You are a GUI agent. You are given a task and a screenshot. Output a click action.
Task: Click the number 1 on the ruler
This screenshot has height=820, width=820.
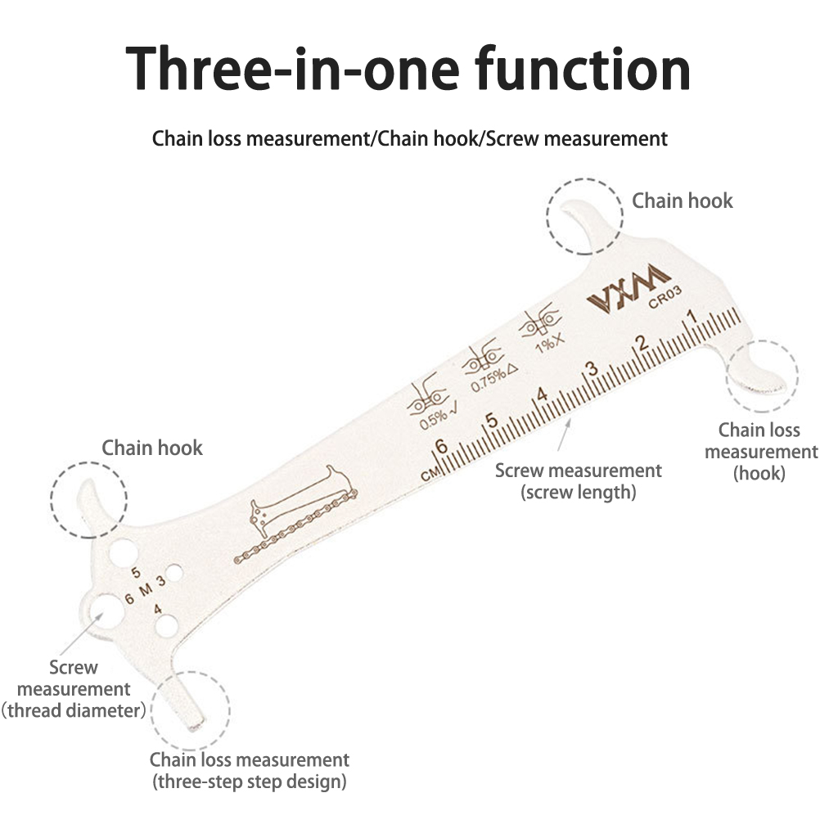coord(692,317)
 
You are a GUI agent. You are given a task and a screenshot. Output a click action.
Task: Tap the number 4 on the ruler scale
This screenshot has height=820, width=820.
coord(541,394)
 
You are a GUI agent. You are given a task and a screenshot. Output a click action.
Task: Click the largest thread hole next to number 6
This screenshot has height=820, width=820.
coord(104,610)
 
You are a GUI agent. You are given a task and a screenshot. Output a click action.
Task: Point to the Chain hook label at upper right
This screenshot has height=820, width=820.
coord(682,200)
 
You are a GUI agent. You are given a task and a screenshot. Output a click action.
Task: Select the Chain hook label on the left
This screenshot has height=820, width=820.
coord(151,448)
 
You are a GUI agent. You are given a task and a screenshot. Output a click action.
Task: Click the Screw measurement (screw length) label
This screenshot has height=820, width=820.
coord(578,481)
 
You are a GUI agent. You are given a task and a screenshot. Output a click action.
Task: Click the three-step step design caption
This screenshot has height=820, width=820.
coord(249,782)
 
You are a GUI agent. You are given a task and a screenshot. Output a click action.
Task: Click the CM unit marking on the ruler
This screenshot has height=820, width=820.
coord(430,474)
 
